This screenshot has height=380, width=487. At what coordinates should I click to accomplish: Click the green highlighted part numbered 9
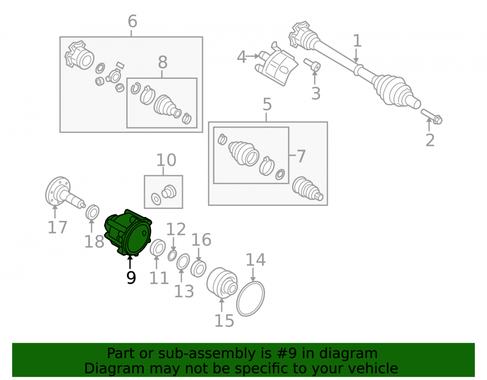[x=128, y=233]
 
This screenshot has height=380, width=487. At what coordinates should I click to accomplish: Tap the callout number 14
[x=256, y=260]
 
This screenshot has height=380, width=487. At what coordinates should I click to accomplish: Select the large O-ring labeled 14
[x=251, y=298]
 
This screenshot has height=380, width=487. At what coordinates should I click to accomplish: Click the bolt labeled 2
[x=431, y=116]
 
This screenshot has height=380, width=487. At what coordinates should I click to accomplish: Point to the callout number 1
[x=357, y=41]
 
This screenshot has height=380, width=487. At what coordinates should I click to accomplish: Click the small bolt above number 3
[x=313, y=65]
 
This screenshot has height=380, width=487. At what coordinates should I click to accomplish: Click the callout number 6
[x=132, y=22]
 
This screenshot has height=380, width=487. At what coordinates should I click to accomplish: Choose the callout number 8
[x=163, y=62]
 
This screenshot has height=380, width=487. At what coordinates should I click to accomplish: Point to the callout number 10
[x=166, y=161]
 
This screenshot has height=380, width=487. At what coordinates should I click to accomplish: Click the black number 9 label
[x=131, y=278]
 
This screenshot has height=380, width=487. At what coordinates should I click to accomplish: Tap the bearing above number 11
[x=157, y=248]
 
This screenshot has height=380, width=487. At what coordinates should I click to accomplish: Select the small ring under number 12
[x=172, y=255]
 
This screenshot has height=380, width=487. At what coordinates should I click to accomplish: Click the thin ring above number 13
[x=183, y=262]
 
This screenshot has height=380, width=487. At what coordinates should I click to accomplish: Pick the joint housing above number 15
[x=222, y=283]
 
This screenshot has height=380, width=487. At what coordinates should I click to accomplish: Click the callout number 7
[x=301, y=156]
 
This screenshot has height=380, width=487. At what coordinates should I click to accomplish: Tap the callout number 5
[x=267, y=105]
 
